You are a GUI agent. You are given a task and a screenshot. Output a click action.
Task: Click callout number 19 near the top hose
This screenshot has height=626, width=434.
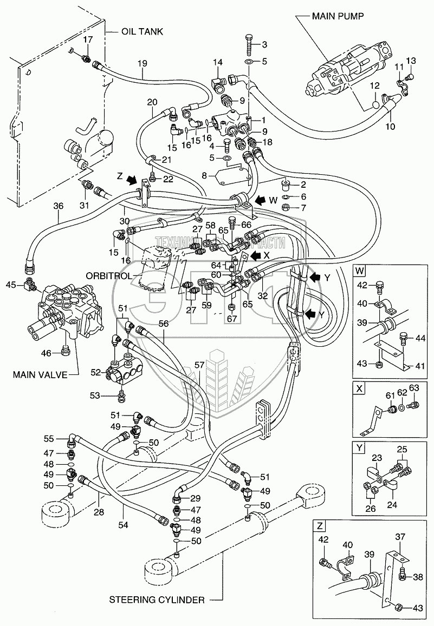coord(142,64)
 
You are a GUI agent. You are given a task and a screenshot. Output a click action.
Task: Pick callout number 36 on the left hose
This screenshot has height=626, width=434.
coord(59,205)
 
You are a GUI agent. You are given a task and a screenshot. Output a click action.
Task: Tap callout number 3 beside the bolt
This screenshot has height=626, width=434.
coord(265,44)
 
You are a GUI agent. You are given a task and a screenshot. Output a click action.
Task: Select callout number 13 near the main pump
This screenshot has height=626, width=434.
coord(410,60)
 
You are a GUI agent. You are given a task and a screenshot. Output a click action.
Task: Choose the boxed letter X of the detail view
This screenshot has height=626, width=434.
coord(360,387)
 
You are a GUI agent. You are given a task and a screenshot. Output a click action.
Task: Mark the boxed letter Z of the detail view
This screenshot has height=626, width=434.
coord(321,525)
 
